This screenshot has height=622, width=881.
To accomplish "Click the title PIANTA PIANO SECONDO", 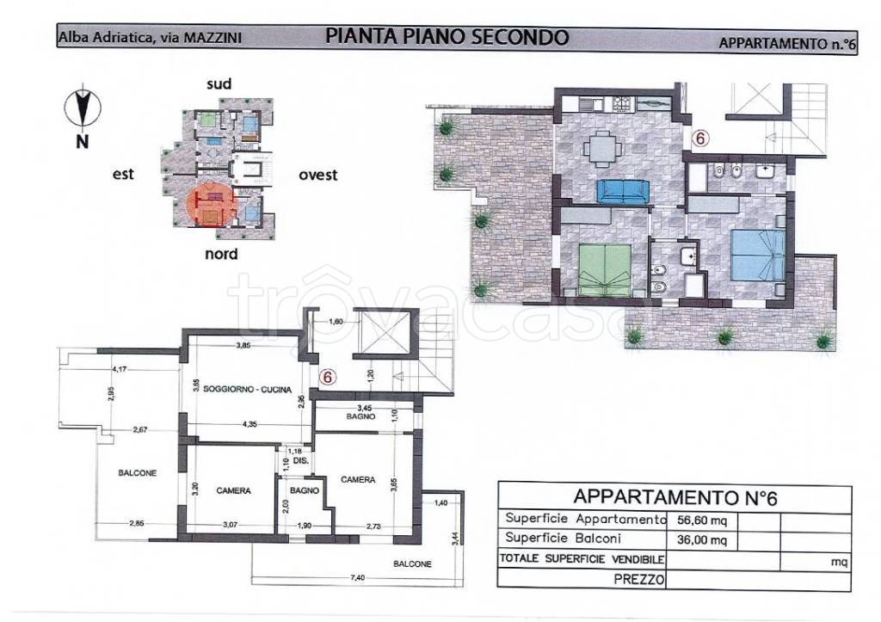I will (447, 36).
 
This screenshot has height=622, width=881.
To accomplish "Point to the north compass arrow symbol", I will (83, 109).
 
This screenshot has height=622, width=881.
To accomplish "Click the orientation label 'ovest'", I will (317, 175).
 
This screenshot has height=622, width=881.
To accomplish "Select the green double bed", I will (604, 267).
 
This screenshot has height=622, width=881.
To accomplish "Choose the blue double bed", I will (757, 256).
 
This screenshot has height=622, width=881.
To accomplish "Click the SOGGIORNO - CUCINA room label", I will (242, 388).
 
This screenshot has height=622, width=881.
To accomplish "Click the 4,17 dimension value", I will (122, 370).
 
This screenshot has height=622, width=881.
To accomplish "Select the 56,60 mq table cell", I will (702, 520).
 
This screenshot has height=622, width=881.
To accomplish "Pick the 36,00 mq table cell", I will (702, 539).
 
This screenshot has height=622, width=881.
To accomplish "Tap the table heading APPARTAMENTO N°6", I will (675, 496).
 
